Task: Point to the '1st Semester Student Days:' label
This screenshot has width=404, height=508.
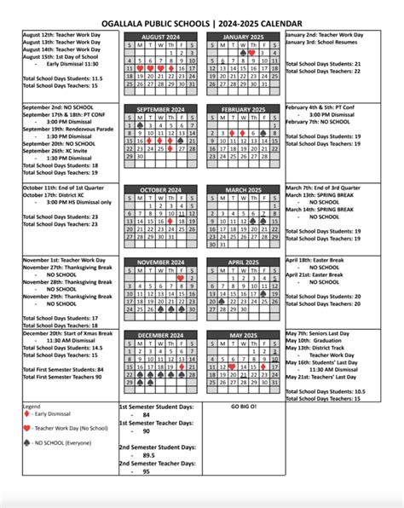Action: coord(156,408)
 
